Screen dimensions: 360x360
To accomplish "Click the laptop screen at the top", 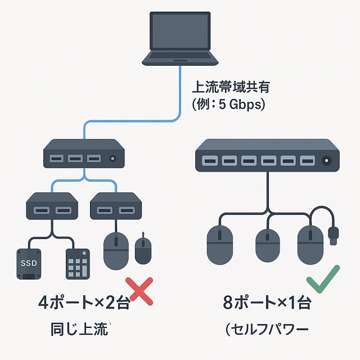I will [x=180, y=32].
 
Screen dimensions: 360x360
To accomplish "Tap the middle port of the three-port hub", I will [x=75, y=159].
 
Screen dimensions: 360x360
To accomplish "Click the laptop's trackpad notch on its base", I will [x=180, y=58].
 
